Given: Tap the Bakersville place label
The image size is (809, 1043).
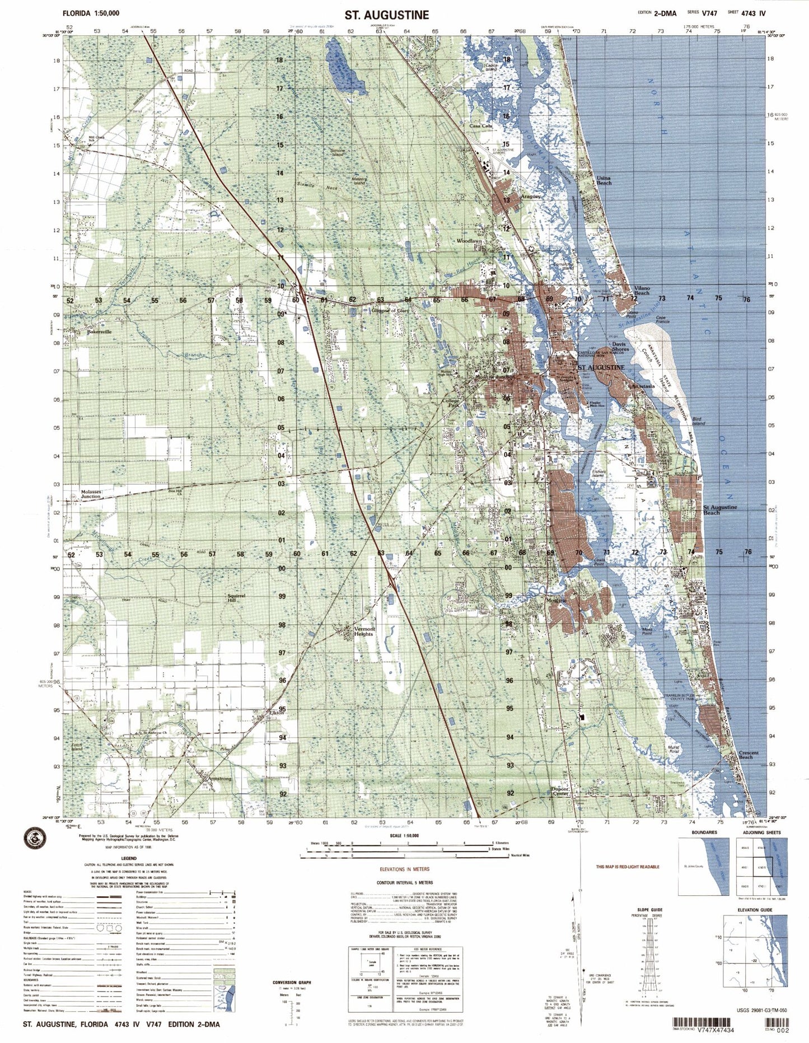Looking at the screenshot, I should click(x=99, y=331).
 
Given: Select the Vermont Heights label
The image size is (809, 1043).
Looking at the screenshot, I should click(x=364, y=631).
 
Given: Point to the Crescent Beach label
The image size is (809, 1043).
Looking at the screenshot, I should click(x=748, y=755).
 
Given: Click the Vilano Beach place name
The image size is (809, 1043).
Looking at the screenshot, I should click(x=642, y=291).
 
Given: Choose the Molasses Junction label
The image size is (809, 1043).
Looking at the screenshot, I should click(x=91, y=494).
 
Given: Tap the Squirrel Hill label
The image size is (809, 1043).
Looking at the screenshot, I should click(x=236, y=598).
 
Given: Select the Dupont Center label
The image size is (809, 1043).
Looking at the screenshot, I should click(x=560, y=792).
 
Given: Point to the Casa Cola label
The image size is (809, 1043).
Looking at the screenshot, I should click(x=480, y=127).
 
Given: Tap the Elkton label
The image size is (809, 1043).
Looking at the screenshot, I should click(x=277, y=713).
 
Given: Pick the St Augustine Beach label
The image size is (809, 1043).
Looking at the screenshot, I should click(x=719, y=509).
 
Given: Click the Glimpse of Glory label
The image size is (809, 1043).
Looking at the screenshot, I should click(x=391, y=310).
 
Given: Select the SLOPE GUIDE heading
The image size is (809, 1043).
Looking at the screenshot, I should click(x=649, y=909).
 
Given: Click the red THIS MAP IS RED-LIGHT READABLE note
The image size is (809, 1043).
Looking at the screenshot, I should click(x=627, y=867).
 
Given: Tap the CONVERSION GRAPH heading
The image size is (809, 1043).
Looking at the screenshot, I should click(x=292, y=983).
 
